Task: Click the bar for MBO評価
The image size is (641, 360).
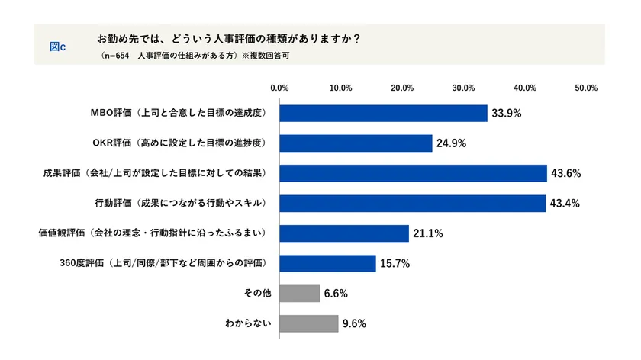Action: (x=383, y=113)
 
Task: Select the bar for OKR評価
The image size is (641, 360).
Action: (x=356, y=143)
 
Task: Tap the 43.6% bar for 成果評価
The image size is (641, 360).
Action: (x=413, y=173)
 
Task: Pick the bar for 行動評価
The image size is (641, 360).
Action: (x=412, y=203)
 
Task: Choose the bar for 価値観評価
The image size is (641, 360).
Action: (x=344, y=233)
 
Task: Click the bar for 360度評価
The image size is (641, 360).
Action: (x=327, y=263)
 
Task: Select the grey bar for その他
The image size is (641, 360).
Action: (x=300, y=293)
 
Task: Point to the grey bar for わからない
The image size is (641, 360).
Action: (x=309, y=323)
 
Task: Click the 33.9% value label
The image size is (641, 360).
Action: (x=506, y=114)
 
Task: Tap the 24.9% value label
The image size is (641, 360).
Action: (x=451, y=143)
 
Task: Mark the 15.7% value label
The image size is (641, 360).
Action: (x=395, y=263)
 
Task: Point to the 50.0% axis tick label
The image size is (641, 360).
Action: (x=585, y=88)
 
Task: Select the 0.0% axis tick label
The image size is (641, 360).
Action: (x=279, y=88)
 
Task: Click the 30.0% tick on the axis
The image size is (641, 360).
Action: (x=463, y=88)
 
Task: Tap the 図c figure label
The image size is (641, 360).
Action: (x=57, y=46)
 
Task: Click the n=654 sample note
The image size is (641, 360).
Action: (x=114, y=56)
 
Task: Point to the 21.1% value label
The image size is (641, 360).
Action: (x=428, y=233)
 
